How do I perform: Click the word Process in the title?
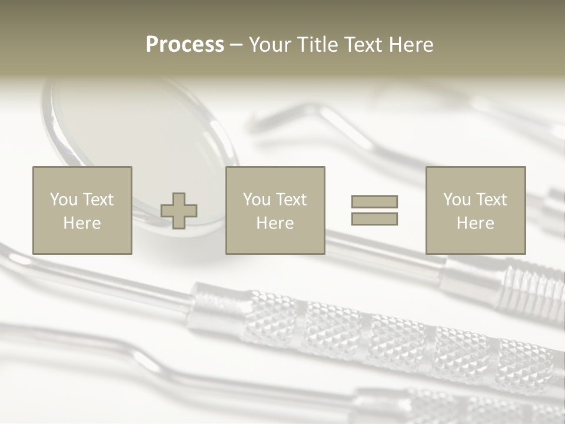tap(185, 45)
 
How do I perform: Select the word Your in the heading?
tap(268, 45)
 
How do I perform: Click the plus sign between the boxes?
tap(179, 211)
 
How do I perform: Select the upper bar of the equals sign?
tap(374, 201)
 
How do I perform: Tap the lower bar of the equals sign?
tap(374, 219)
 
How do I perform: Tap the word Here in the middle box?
tap(275, 223)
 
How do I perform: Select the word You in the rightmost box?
tap(457, 200)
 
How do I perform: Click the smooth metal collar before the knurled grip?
tap(215, 303)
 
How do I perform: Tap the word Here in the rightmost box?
tap(475, 223)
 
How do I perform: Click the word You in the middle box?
tap(257, 200)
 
